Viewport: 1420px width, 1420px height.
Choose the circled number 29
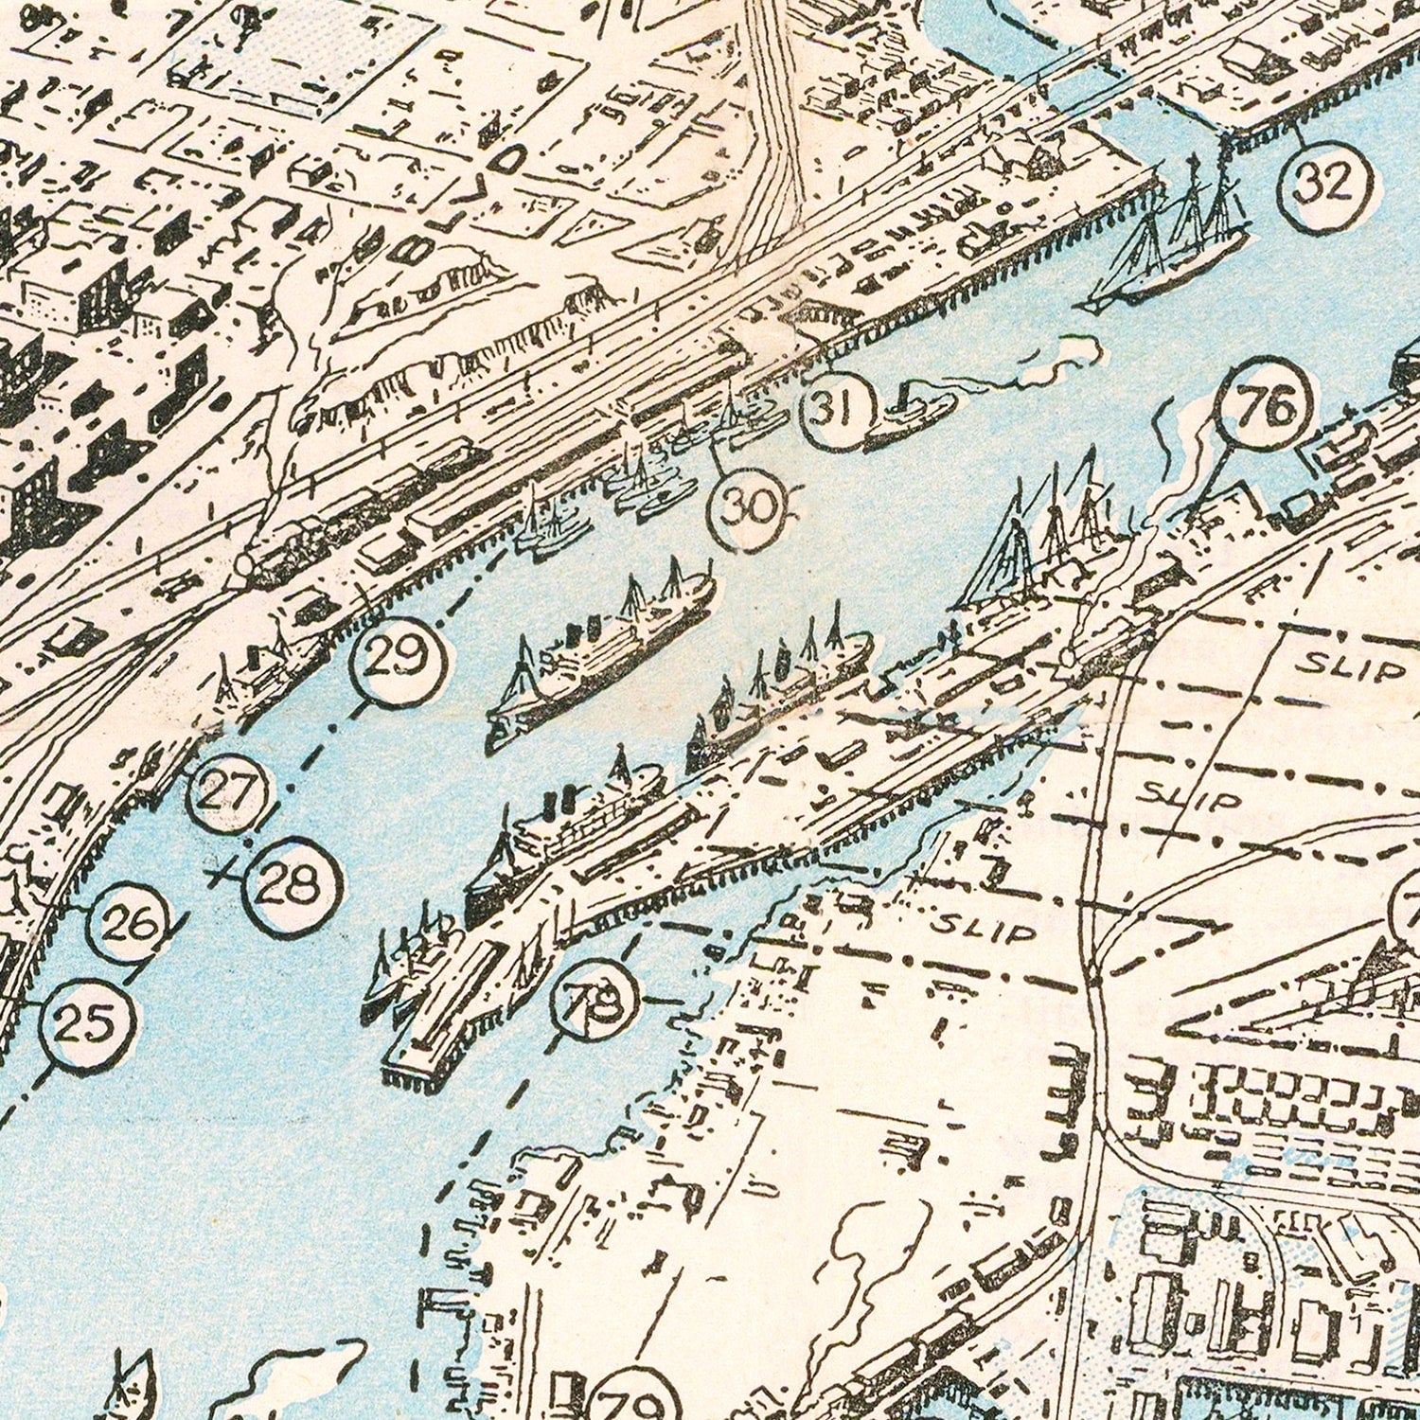click(x=398, y=659)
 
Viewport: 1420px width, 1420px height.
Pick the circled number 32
click(x=1323, y=184)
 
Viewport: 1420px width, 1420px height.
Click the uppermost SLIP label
click(x=1349, y=668)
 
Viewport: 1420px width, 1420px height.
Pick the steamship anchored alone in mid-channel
click(x=601, y=653)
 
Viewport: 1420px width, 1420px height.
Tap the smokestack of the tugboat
click(x=901, y=393)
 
